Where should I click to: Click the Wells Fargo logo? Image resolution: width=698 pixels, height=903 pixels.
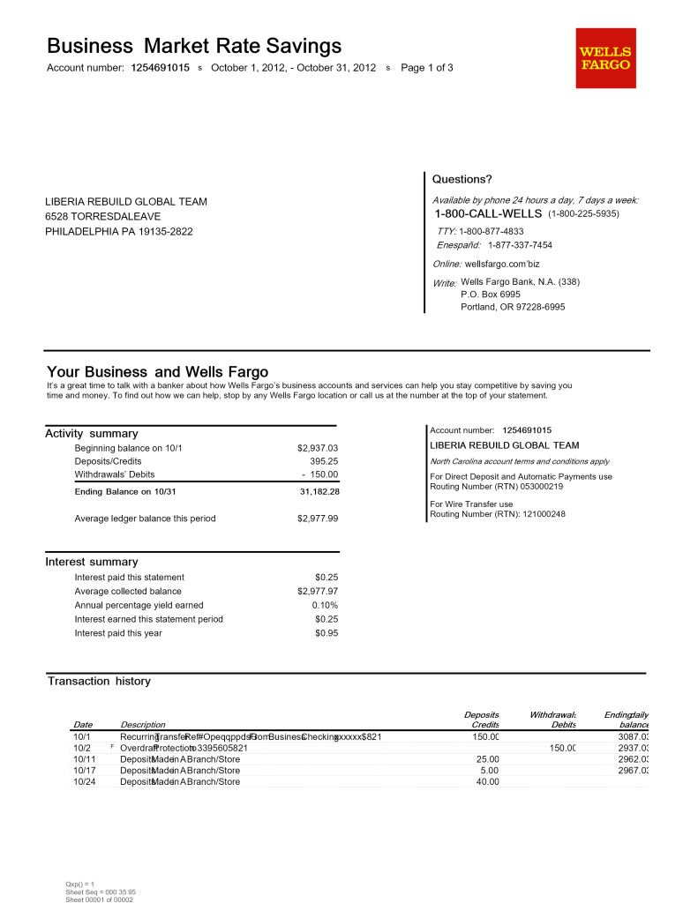605,58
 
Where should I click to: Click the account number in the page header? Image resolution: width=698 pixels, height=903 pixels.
160,68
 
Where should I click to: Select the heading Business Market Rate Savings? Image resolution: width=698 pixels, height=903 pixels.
194,45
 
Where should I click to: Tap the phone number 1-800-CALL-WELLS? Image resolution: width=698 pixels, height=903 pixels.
488,214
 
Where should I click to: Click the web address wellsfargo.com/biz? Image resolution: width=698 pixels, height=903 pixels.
501,264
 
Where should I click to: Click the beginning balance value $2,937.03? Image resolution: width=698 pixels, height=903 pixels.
318,448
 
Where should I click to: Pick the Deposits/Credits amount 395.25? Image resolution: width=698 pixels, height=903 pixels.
324,461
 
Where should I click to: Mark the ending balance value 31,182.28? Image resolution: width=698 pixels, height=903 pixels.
319,491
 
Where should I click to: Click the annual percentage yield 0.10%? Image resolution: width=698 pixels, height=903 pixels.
325,605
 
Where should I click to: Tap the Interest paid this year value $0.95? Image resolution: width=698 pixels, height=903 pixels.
326,633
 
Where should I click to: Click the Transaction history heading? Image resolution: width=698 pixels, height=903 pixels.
99,681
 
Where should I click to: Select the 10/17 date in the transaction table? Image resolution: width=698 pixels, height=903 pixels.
84,770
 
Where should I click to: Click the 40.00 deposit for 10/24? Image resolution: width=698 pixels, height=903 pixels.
487,781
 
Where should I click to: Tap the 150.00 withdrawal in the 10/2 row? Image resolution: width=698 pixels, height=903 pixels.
562,748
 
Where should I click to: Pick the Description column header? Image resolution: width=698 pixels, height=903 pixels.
142,725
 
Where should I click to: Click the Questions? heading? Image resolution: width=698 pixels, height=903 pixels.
462,179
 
